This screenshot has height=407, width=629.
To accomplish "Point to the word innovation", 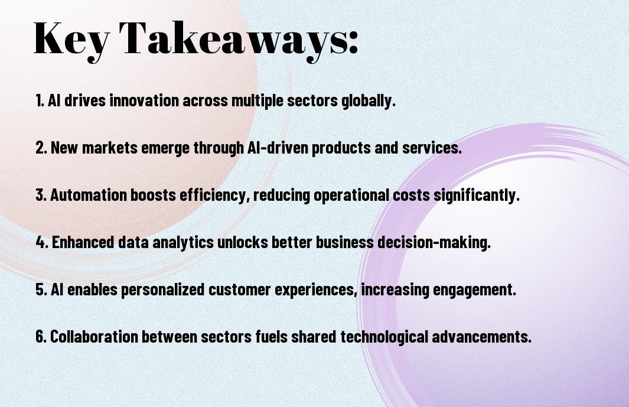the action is click(144, 100).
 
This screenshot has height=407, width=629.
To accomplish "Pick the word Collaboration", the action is click(94, 337).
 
